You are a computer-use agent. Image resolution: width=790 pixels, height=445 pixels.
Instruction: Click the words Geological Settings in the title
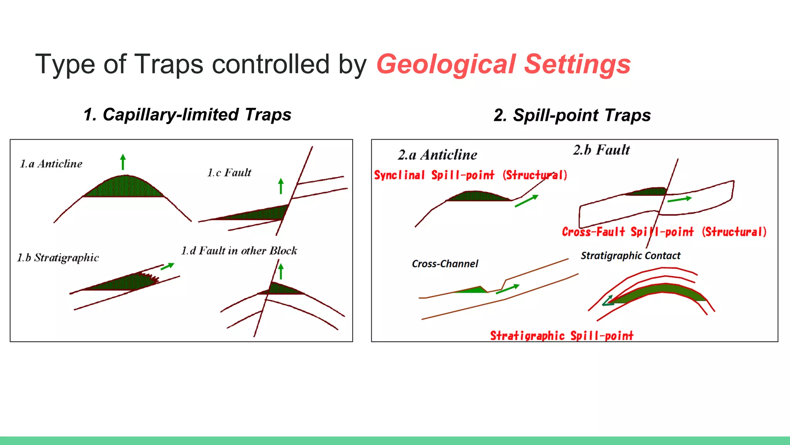tap(503, 64)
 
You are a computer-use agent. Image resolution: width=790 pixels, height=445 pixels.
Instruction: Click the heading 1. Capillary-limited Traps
tap(187, 115)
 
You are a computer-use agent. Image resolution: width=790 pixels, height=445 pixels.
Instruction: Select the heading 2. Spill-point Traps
tap(572, 115)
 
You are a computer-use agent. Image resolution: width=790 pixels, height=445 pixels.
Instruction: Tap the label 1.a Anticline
tap(51, 164)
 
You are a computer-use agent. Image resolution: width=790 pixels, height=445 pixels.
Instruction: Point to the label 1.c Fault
tap(229, 173)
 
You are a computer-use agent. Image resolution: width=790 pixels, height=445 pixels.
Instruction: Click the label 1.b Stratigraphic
tap(58, 258)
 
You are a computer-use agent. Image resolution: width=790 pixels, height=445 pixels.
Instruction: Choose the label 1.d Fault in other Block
tap(239, 251)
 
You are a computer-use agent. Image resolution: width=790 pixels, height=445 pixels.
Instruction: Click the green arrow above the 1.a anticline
tap(123, 162)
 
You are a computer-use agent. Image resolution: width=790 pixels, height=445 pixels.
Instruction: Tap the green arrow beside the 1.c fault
tap(281, 186)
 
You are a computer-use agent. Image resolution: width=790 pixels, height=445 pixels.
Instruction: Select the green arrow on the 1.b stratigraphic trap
tap(167, 266)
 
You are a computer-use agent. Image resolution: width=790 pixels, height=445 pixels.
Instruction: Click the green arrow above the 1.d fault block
tap(281, 271)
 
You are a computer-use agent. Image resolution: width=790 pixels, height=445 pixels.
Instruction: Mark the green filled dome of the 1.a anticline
tap(125, 187)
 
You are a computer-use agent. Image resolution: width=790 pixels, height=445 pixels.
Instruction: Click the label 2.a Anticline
tap(437, 155)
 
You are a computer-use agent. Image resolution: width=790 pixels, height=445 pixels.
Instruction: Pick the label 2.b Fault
tap(601, 150)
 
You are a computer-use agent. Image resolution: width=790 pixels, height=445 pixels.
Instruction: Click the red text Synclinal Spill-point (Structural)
tap(470, 175)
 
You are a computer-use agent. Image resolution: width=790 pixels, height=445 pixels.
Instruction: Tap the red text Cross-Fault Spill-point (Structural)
tap(664, 232)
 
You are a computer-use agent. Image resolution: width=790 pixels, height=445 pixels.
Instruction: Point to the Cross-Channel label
tap(445, 264)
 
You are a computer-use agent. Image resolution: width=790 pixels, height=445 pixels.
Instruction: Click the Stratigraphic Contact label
tap(631, 256)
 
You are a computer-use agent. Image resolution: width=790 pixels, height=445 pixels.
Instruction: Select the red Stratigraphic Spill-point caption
tap(562, 335)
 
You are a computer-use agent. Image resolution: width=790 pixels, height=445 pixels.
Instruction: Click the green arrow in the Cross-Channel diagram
tap(508, 289)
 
